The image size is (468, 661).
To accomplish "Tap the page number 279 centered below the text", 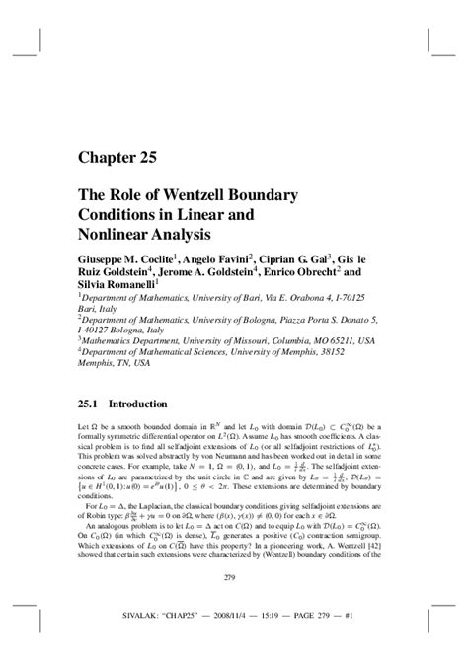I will pos(233,605).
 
